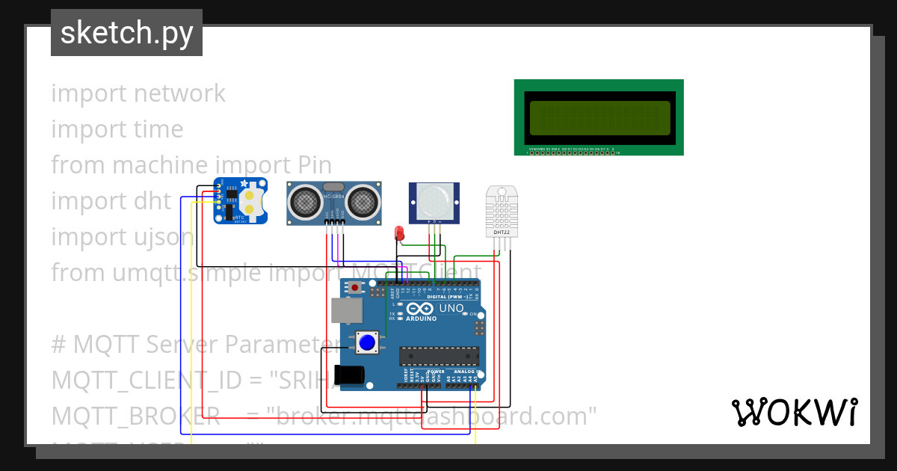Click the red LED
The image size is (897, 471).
point(399,233)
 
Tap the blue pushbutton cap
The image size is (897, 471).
point(366,343)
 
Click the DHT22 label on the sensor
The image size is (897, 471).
point(501,233)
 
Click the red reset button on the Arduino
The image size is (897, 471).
point(354,287)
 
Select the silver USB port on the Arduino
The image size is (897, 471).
point(345,310)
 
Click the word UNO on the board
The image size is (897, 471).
point(451,308)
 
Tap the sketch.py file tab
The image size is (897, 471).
point(126,33)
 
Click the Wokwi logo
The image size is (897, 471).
point(794,412)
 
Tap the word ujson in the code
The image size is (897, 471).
point(158,237)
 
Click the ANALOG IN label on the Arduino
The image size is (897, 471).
point(466,371)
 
